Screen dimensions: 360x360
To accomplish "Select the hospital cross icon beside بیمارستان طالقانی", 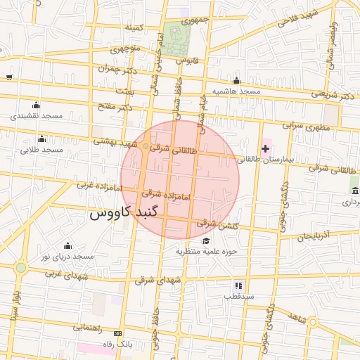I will pyautogui.click(x=265, y=148).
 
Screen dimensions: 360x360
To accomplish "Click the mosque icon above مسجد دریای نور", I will pyautogui.click(x=67, y=246).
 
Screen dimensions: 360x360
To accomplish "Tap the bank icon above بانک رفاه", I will pyautogui.click(x=117, y=333).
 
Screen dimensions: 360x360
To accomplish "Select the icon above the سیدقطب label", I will pyautogui.click(x=238, y=285).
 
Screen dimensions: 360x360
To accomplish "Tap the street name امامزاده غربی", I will pyautogui.click(x=94, y=186).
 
